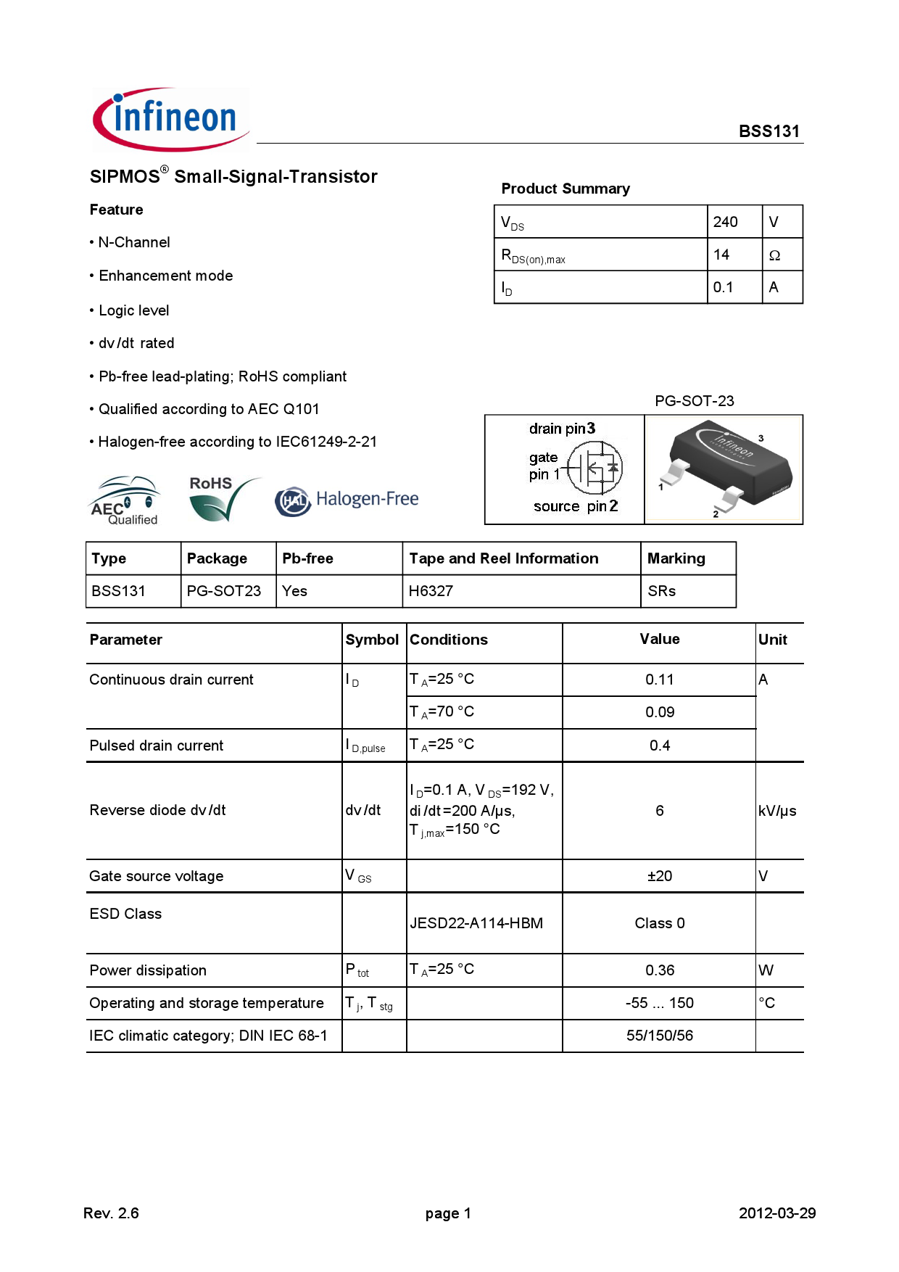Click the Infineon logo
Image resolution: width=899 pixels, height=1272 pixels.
coord(171,120)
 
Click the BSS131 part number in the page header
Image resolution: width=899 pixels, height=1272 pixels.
coord(768,131)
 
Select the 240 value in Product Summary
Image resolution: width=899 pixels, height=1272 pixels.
coord(725,222)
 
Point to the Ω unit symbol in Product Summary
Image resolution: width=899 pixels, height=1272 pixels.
coord(774,255)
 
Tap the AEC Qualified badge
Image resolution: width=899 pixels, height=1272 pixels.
coord(125,500)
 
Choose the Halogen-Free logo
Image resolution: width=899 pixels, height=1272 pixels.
coord(347,500)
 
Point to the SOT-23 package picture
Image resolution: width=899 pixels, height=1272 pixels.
coord(724,469)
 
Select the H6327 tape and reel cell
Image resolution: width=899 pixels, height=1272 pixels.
coord(431,591)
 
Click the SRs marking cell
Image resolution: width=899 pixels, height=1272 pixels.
coord(662,591)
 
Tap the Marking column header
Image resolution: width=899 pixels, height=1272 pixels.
coord(676,558)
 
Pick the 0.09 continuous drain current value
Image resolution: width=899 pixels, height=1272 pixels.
coord(660,712)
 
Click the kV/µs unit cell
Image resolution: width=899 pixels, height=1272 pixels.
coord(777,811)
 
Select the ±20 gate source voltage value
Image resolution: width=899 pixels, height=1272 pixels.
coord(660,876)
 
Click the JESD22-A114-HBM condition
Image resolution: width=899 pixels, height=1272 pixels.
coord(476,923)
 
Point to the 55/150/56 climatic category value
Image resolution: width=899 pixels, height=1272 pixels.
coord(660,1036)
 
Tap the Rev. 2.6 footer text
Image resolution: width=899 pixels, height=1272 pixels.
coord(111,1213)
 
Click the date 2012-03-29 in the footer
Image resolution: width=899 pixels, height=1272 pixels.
coord(777,1213)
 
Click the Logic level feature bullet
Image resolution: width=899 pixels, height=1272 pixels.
coord(133,310)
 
